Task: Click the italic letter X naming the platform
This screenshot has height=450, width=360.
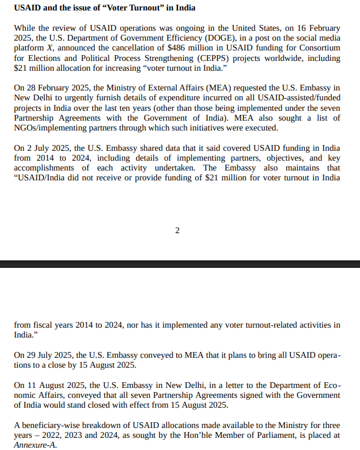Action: point(50,48)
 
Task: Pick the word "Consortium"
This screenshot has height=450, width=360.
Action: point(318,48)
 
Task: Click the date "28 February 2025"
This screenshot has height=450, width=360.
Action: point(59,88)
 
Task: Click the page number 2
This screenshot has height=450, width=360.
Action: point(177,231)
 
